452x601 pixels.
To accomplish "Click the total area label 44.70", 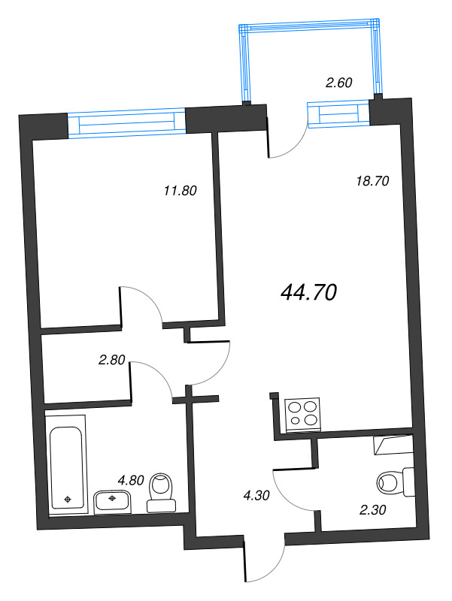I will [x=307, y=291].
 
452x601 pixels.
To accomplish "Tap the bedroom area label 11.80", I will [x=180, y=191].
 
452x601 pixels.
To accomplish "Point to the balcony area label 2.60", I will [x=339, y=83].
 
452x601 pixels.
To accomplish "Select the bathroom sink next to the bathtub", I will [x=113, y=501].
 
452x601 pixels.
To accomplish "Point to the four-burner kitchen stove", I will [x=302, y=415].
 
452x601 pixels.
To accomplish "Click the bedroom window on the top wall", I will [x=126, y=123].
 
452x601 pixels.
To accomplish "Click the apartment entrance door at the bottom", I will [x=265, y=560].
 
